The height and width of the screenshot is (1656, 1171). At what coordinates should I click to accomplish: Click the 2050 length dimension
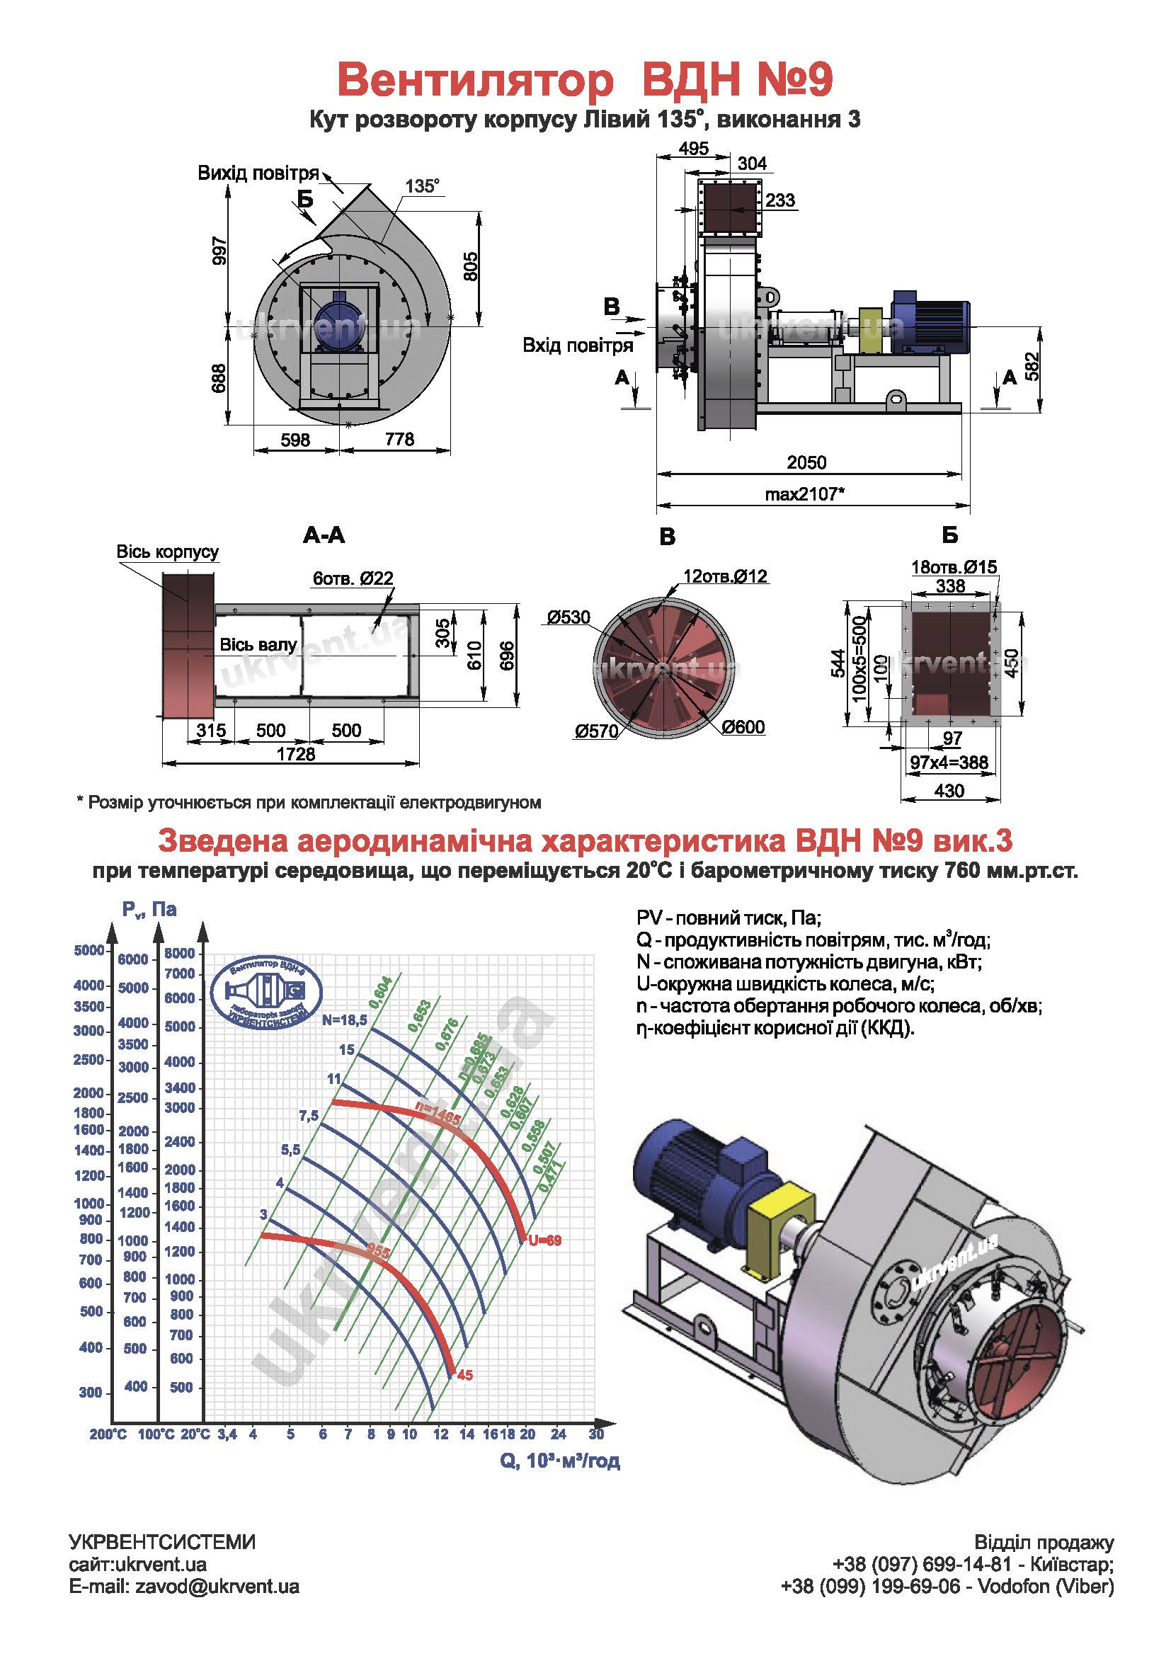coord(806,462)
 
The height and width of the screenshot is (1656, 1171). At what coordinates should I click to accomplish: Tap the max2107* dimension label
coord(804,494)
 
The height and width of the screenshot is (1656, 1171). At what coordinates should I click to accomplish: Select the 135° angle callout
coord(422,186)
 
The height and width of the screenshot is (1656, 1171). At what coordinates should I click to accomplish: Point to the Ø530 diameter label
coord(569,617)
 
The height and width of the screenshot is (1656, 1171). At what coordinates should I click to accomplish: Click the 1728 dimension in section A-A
coord(296,754)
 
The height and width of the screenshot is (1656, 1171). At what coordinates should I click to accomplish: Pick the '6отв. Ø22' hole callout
coord(353,578)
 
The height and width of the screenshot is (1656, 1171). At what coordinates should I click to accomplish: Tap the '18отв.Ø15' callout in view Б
coord(954,567)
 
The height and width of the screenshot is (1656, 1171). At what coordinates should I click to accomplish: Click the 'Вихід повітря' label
coord(258,173)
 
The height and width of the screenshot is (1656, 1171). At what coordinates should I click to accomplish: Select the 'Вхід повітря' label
coord(578,346)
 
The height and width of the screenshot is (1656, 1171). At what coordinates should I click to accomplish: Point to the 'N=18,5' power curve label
coord(345,1020)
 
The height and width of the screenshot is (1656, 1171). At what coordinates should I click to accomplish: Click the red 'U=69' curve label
coord(544,1240)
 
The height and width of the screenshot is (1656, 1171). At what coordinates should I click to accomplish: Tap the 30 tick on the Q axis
coord(596,1434)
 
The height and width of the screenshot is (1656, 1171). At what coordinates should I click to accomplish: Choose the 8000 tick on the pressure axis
coord(180,953)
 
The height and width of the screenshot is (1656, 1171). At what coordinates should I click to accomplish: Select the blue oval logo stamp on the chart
coord(266,993)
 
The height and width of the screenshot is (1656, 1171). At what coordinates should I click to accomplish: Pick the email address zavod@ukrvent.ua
coord(217,1586)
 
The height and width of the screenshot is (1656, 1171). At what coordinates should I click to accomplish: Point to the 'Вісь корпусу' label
coord(167,552)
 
